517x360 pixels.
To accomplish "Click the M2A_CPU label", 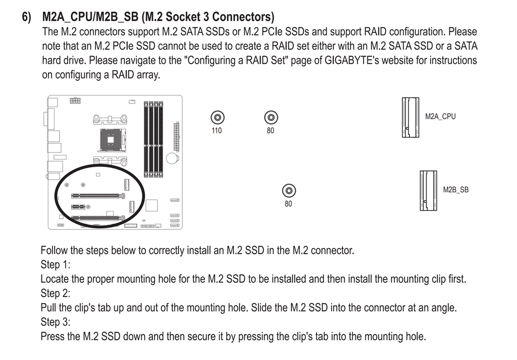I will (440, 116).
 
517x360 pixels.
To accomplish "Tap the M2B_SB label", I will (455, 190).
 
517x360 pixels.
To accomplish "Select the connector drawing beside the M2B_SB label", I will (428, 190).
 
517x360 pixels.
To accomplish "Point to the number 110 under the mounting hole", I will (217, 131).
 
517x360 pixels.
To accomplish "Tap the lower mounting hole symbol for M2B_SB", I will (288, 191).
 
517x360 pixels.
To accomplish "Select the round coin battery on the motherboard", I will (173, 158).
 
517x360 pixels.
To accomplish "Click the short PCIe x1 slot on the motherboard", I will (78, 207).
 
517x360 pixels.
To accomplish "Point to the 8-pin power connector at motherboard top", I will (75, 100).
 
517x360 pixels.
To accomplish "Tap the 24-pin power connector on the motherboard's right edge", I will (176, 136).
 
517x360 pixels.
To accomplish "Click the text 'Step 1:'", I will (55, 265).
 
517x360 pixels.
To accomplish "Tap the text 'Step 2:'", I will (55, 293).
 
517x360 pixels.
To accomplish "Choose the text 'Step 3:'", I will (55, 322).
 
